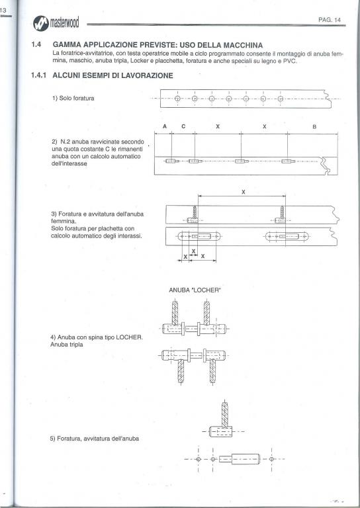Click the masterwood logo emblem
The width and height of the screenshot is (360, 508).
pos(40,23)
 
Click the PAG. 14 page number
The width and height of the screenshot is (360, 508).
pos(329,20)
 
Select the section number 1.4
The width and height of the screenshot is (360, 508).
pos(36,45)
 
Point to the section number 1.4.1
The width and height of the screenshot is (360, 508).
pos(39,75)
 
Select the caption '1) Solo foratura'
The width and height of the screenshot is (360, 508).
pos(73,98)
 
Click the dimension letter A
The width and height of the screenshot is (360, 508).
pos(165,126)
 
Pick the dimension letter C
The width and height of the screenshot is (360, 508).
pos(183,126)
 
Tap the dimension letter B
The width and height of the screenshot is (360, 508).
pos(314,127)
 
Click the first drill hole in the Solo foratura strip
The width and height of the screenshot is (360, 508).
pos(177,99)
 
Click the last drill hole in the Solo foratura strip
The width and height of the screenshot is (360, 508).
pos(281,99)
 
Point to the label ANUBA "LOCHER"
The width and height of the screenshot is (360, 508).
pos(195,290)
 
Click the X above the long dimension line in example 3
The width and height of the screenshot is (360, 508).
pos(243,192)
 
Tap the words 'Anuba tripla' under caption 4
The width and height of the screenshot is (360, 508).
pos(66,345)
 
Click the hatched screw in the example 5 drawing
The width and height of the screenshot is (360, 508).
pos(224,414)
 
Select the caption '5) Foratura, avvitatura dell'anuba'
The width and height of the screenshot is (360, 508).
pos(94,439)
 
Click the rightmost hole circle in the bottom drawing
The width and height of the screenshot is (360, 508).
pos(271,459)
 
